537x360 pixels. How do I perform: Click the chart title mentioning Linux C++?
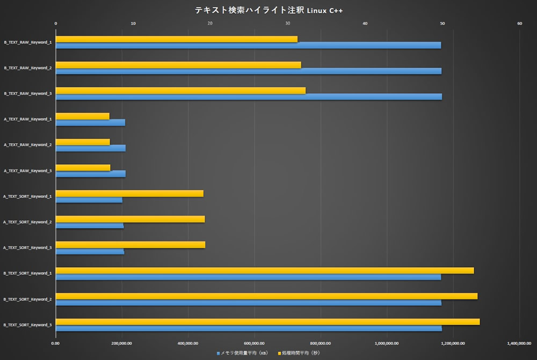(268, 10)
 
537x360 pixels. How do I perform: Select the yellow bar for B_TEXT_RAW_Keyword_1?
(176, 39)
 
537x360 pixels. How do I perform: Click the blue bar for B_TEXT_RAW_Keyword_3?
(249, 97)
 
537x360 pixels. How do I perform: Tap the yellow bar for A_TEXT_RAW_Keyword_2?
(83, 142)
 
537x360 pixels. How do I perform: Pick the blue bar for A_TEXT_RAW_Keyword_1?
(90, 123)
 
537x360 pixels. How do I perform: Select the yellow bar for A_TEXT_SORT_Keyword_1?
(129, 193)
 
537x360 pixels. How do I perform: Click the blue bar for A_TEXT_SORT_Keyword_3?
(90, 251)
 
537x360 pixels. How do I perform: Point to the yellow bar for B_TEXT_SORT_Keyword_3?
(267, 322)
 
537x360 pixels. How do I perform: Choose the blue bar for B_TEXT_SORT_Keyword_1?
(248, 277)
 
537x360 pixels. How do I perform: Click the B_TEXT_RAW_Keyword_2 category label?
(28, 68)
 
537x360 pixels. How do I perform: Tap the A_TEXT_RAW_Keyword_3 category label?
(28, 171)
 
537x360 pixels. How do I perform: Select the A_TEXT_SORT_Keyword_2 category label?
(28, 222)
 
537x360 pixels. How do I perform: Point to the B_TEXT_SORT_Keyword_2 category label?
(28, 299)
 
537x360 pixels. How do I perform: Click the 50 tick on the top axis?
(442, 23)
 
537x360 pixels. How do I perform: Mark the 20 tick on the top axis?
(210, 23)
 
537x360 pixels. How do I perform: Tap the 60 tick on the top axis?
(519, 23)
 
